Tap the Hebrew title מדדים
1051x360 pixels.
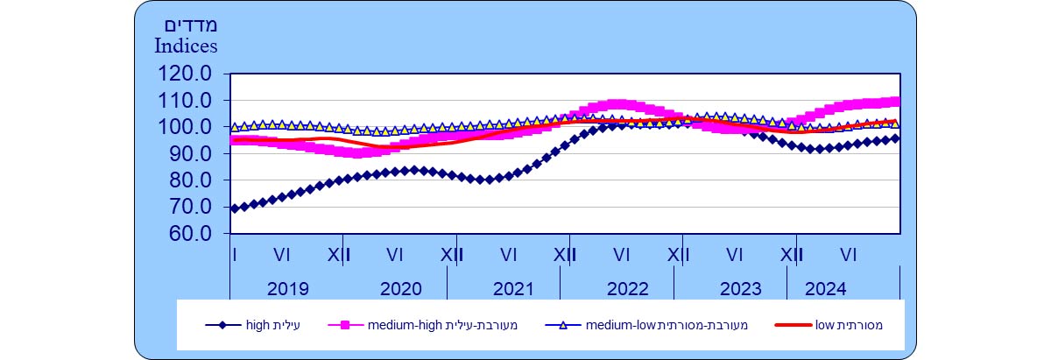(x=187, y=24)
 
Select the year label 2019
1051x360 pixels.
(x=288, y=289)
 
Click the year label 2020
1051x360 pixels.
(x=401, y=289)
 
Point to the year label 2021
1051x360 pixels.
(x=513, y=289)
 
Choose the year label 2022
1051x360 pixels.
(x=627, y=289)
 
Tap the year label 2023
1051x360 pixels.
(x=741, y=289)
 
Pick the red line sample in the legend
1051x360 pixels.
(x=794, y=326)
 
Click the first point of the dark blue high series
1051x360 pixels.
(x=234, y=208)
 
